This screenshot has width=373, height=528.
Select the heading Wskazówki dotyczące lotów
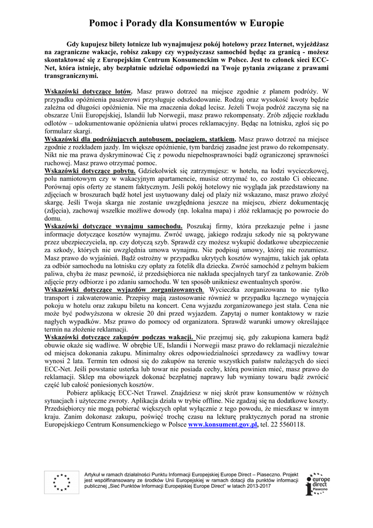pos(89,91)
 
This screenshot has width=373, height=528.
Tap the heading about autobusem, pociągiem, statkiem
pos(141,139)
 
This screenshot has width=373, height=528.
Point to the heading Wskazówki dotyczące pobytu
pos(91,171)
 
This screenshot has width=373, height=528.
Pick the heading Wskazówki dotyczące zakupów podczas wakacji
pos(120,337)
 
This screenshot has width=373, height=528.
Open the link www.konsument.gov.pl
pos(223,425)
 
